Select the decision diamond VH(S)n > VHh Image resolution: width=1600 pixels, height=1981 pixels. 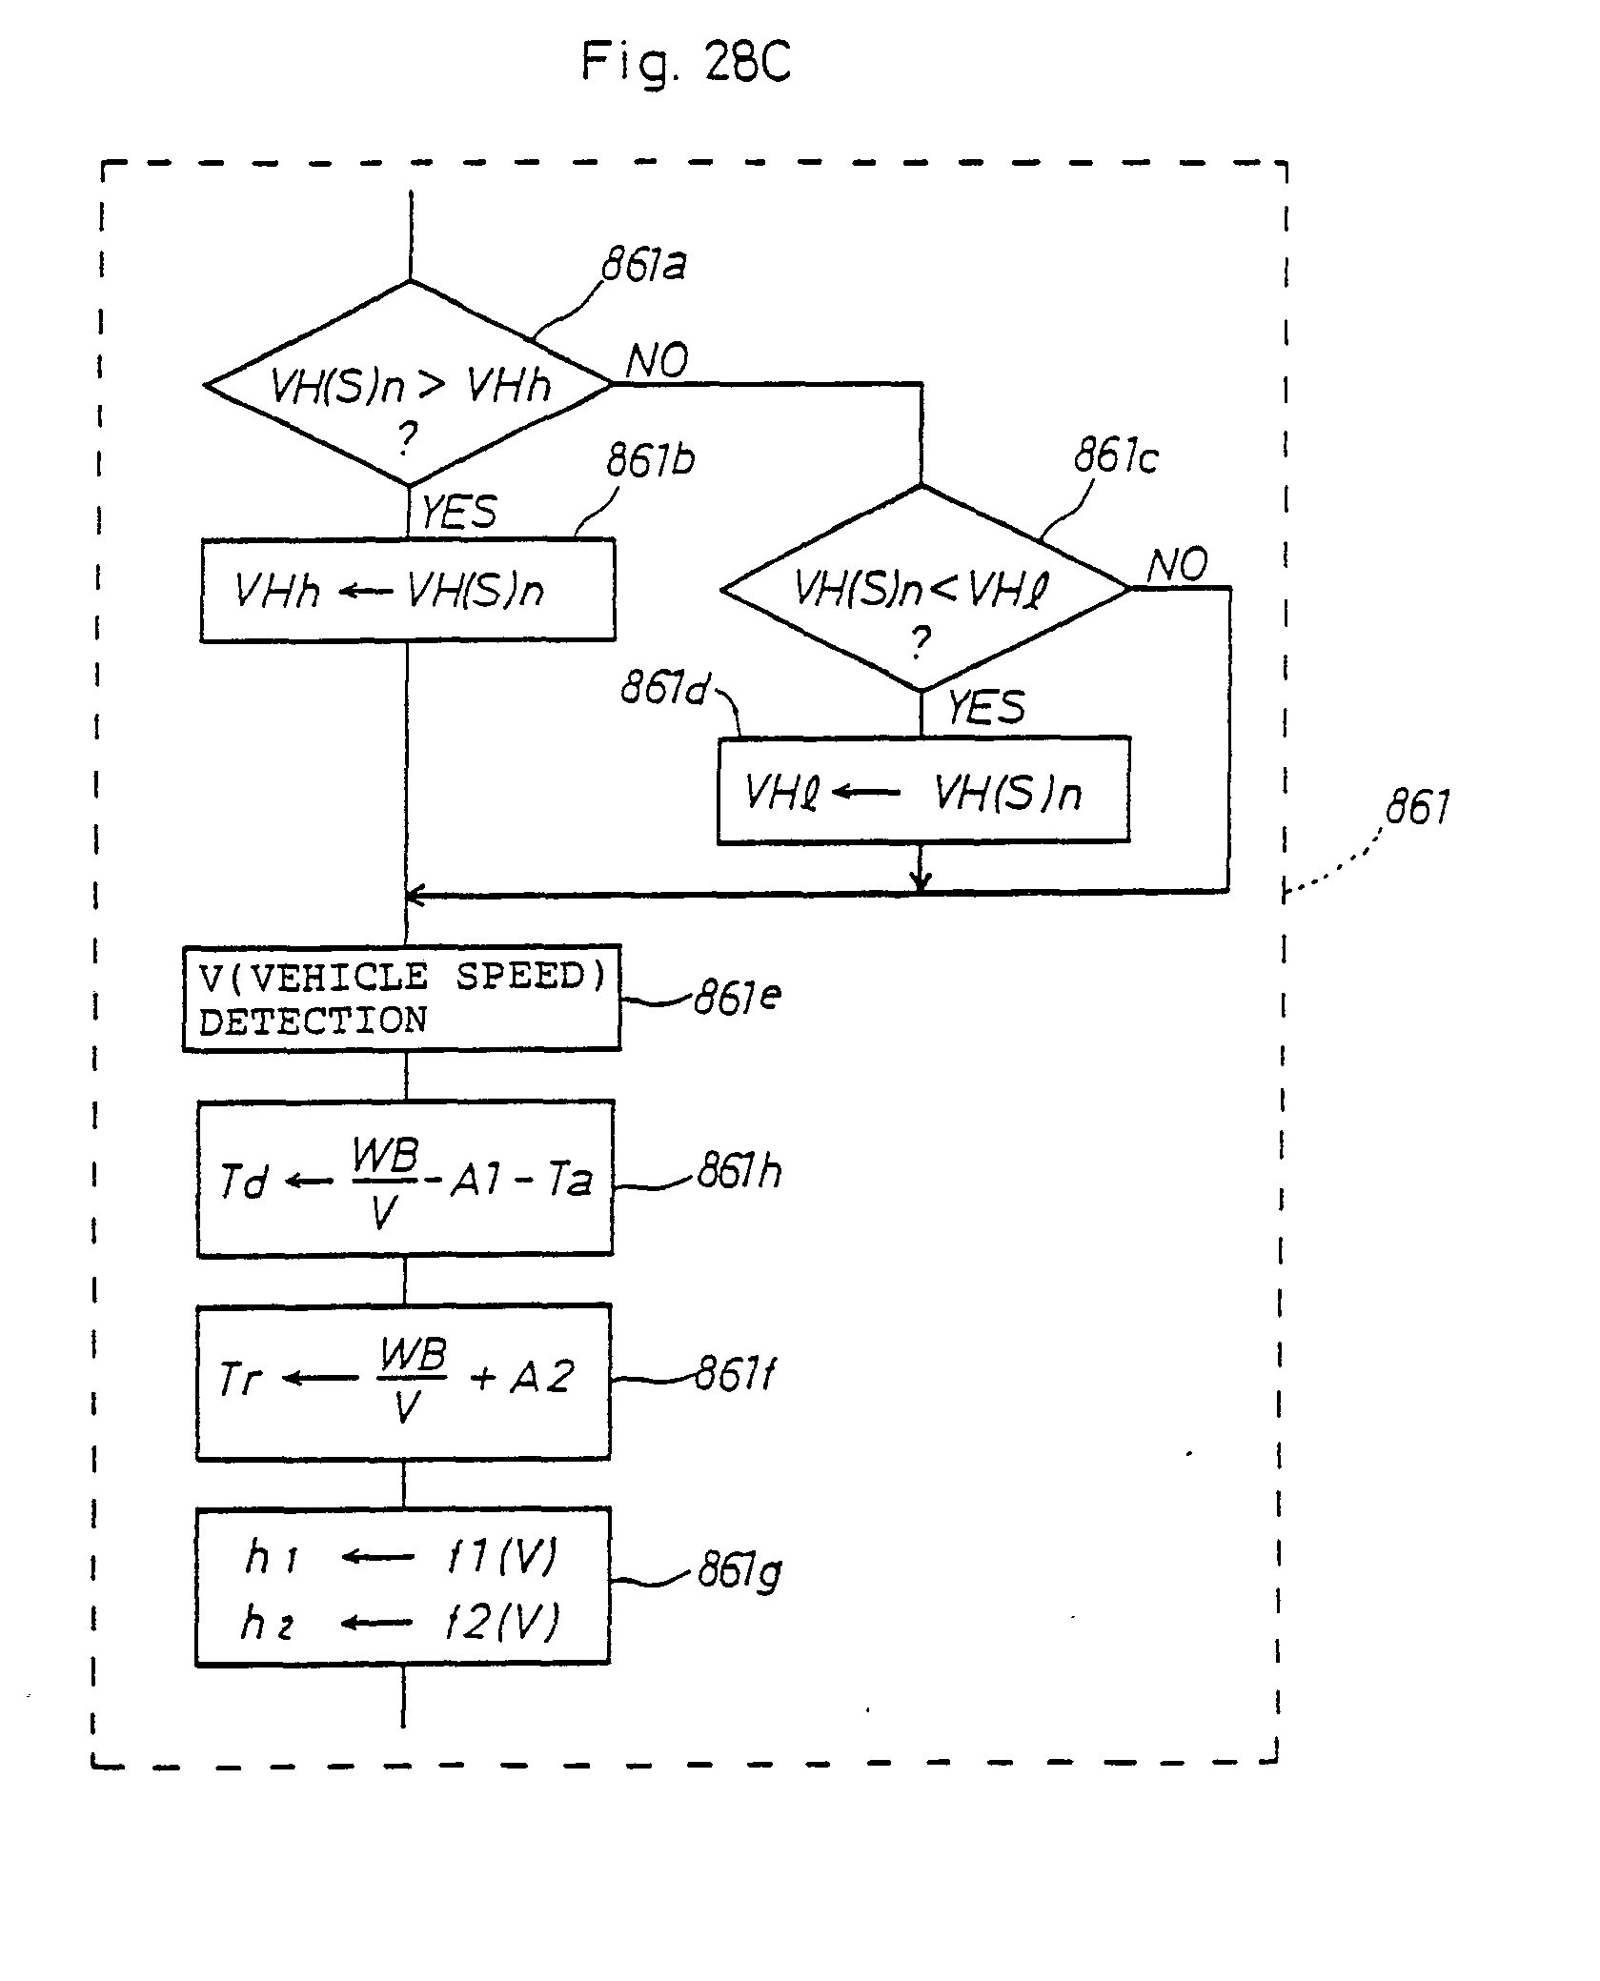(x=408, y=385)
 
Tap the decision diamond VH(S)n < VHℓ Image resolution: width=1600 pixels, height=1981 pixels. (x=924, y=589)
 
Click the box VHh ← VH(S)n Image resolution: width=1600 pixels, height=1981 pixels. (x=408, y=591)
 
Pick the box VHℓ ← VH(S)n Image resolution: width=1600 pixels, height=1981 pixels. (x=923, y=791)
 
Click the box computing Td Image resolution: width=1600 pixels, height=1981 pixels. (x=405, y=1180)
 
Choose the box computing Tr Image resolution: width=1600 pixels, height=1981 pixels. (x=403, y=1381)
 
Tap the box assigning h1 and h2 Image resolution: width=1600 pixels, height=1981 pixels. (x=402, y=1587)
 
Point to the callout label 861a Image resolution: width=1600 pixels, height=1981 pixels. (x=644, y=265)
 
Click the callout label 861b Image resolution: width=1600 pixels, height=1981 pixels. (x=651, y=461)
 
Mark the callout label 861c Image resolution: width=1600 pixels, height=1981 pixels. (x=1116, y=457)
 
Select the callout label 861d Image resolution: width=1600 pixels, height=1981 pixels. (x=664, y=688)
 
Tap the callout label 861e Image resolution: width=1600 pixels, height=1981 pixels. (x=738, y=998)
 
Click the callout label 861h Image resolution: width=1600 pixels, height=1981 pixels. (x=739, y=1171)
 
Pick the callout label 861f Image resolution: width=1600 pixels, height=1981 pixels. (x=734, y=1374)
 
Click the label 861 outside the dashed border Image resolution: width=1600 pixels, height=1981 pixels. (x=1417, y=808)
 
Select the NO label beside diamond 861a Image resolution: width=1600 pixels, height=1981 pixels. (x=657, y=361)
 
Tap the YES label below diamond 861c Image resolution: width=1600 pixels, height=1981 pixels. (x=986, y=707)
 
